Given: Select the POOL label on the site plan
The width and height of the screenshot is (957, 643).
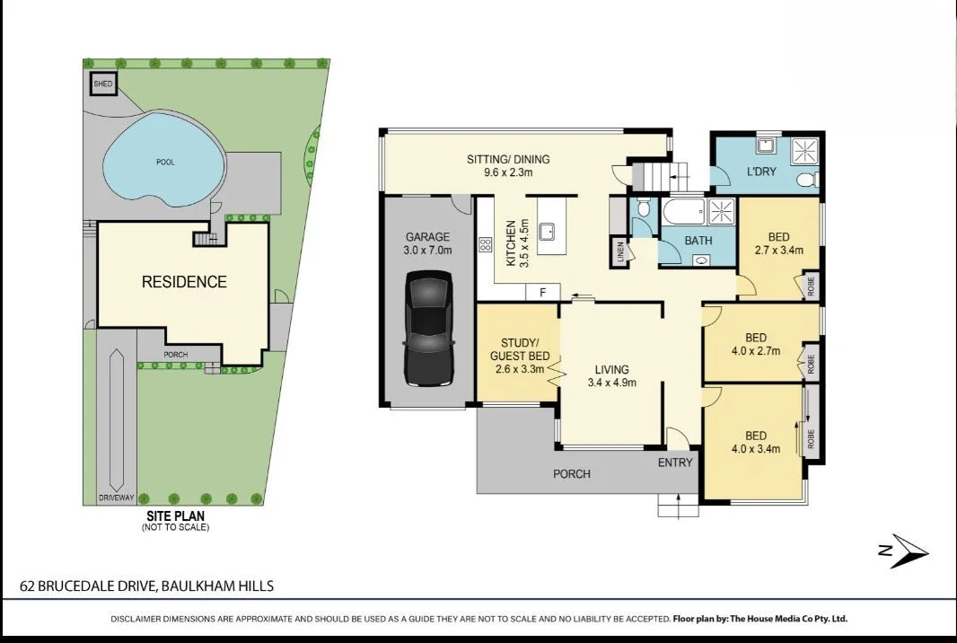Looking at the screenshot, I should coord(164,163).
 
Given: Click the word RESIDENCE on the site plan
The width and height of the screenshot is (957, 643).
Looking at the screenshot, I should coord(184,282).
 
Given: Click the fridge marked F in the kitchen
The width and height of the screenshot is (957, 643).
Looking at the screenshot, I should coord(541,293).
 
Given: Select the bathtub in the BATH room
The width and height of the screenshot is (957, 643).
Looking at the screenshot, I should coord(683,214).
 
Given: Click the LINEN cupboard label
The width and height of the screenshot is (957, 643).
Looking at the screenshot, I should coord(619,252).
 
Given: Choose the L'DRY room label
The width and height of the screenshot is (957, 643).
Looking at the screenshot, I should coord(761,171).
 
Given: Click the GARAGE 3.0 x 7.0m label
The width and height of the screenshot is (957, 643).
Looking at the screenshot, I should coord(427,243).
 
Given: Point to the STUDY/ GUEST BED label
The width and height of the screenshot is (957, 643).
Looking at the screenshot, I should coord(519,349).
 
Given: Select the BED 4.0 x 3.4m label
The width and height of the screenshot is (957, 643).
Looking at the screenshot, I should coord(755,442).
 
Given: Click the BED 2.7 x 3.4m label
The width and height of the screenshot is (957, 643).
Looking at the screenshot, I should coord(778,243).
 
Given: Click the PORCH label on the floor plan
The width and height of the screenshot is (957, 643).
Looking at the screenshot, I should coord(572,473).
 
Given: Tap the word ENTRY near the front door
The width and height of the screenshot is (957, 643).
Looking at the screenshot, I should coord(675,462).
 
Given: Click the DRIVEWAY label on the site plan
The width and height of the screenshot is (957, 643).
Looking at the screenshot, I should coord(116,498).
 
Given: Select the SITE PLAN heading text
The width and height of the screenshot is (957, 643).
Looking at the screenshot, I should coord(176,516).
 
